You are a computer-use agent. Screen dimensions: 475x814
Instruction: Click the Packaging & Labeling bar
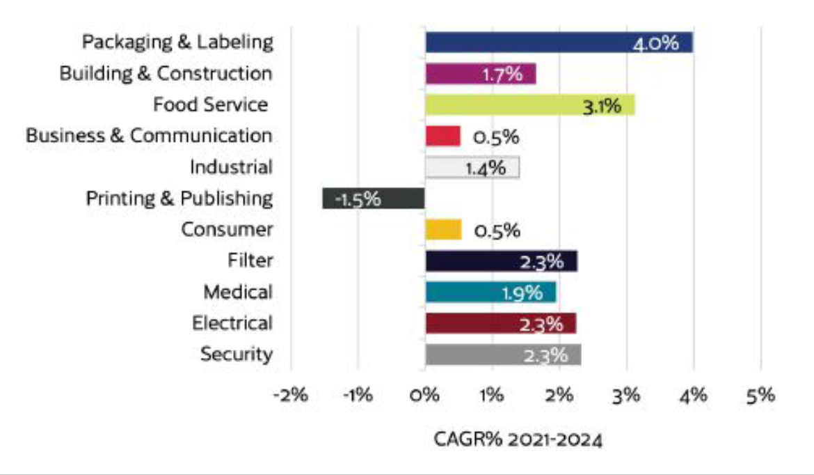pos(529,42)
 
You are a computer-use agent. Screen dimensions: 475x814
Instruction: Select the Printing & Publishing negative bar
pos(373,198)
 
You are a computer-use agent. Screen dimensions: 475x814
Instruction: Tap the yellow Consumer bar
pos(443,229)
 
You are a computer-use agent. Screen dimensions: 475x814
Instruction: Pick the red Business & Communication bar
pos(442,136)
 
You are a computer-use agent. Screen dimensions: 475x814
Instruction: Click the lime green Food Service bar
pos(508,104)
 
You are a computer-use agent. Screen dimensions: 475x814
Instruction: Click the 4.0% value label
pos(655,44)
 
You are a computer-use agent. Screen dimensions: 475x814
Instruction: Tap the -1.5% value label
pos(358,199)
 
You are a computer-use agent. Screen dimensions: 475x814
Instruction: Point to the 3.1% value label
pos(601,106)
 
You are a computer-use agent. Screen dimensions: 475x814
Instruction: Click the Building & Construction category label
pos(166,73)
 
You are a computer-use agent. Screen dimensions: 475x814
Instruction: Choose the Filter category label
pos(250,260)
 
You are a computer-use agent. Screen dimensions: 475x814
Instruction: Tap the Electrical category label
pos(232,323)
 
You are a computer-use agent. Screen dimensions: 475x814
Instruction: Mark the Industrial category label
pos(231,167)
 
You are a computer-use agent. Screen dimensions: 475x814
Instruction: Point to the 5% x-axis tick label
pos(760,395)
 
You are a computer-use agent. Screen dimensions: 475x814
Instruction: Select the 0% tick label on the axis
pos(424,395)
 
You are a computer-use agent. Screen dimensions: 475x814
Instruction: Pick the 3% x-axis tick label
pos(626,395)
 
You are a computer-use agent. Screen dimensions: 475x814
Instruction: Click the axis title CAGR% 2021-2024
pos(518,440)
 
